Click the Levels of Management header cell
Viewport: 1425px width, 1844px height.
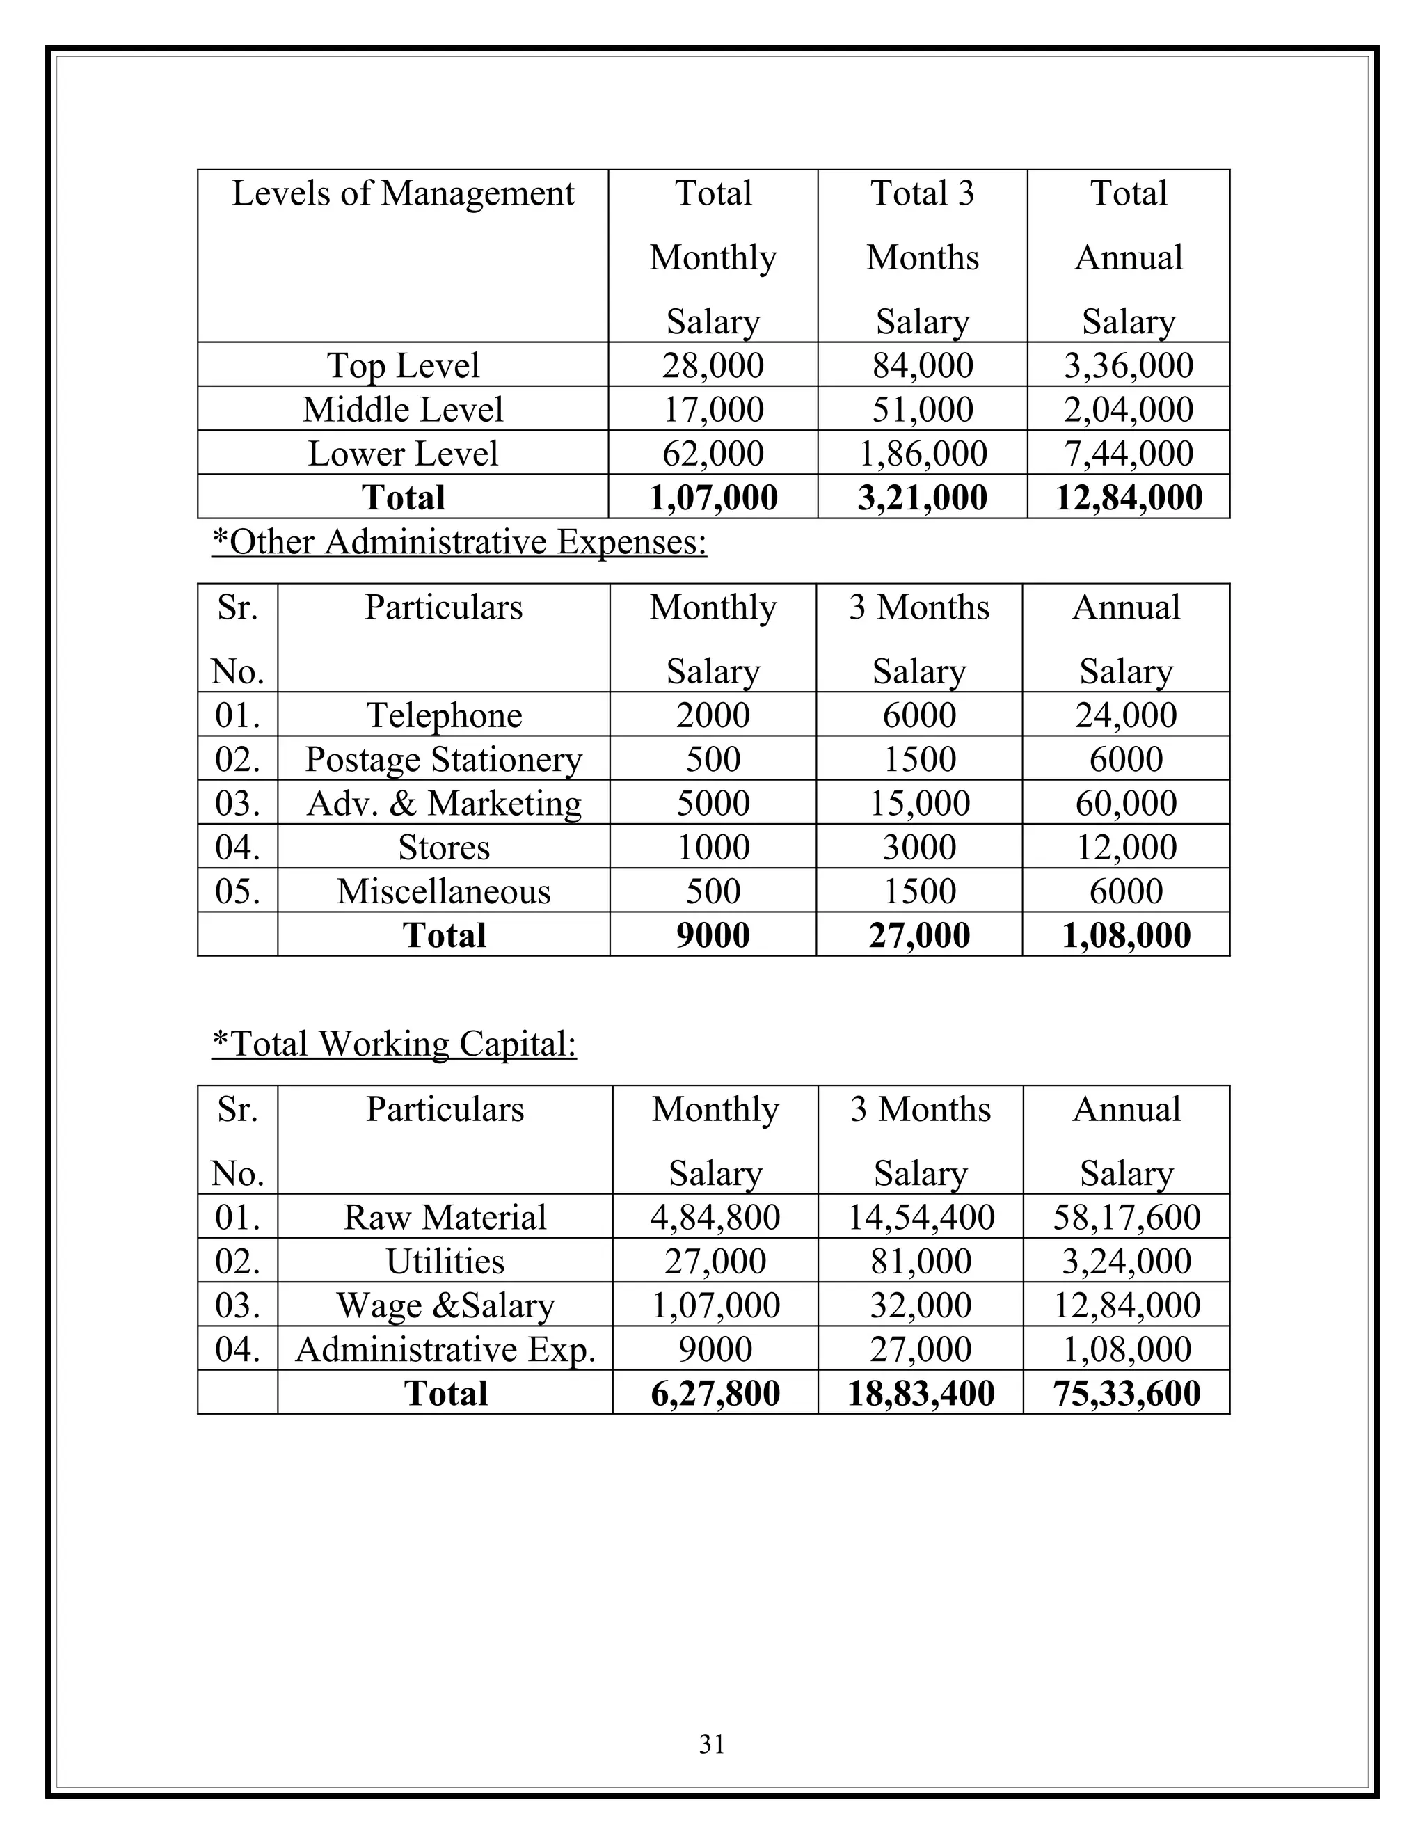tap(403, 194)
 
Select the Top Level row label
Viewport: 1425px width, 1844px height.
tap(403, 365)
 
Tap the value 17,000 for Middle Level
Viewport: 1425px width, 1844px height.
tap(712, 409)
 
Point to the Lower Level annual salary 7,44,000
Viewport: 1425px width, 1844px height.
tap(1128, 454)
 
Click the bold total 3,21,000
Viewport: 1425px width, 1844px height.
tap(922, 498)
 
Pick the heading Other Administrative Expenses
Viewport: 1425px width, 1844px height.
tap(459, 542)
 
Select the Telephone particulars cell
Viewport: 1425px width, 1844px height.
tap(444, 715)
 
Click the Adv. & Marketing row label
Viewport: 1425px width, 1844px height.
tap(444, 803)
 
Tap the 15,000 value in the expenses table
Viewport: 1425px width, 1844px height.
tap(919, 803)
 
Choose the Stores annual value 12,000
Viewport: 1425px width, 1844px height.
tap(1127, 847)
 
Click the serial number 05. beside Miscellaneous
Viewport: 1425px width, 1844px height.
tap(237, 891)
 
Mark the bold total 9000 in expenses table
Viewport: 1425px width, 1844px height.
tap(712, 935)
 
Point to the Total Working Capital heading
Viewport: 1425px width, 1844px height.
tap(395, 1044)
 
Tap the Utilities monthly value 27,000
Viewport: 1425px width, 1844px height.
tap(715, 1262)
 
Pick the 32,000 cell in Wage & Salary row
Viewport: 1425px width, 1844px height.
tap(921, 1305)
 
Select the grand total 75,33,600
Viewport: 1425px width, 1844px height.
tap(1127, 1393)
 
